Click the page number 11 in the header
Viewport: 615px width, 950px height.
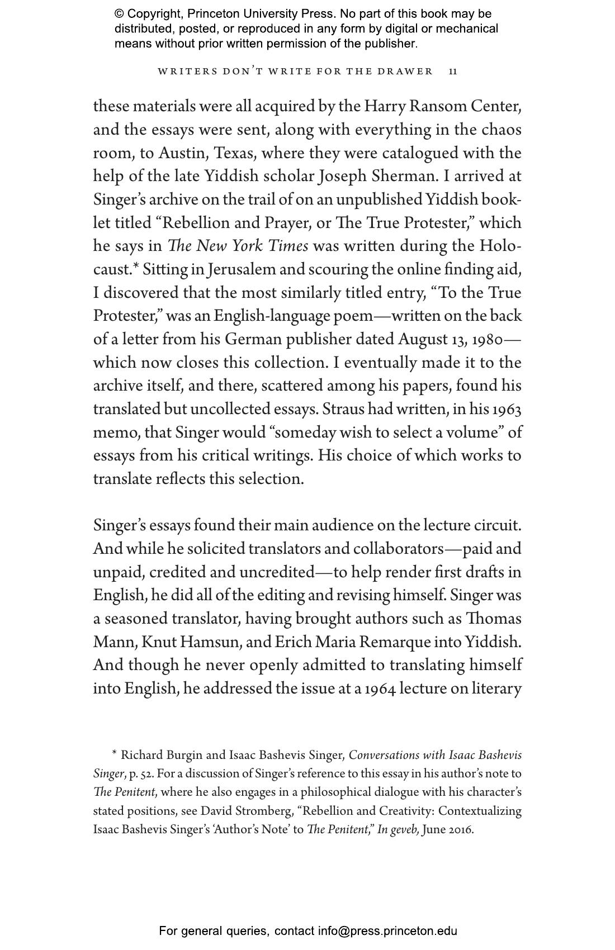tap(453, 72)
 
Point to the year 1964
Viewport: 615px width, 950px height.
tap(380, 688)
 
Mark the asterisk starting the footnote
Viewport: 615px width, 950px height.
tap(115, 754)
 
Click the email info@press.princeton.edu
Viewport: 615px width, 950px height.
tap(387, 931)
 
